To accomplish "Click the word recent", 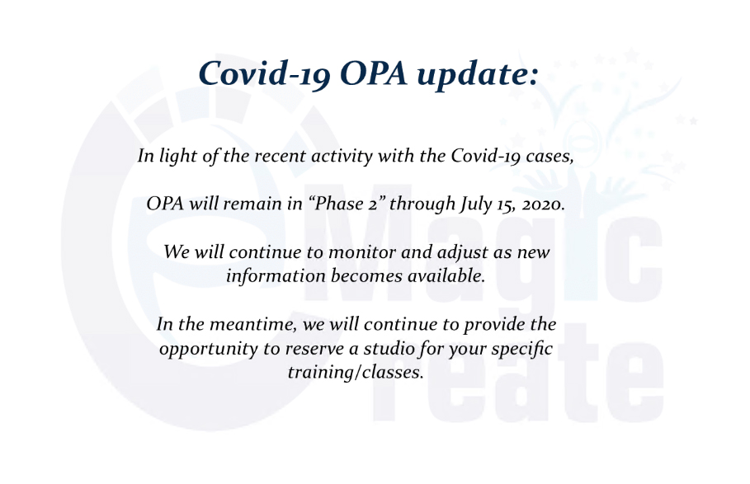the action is (281, 156).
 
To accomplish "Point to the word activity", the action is (342, 157).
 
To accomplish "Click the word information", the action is (276, 275).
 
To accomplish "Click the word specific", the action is (521, 350).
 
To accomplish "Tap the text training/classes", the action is (356, 372).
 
